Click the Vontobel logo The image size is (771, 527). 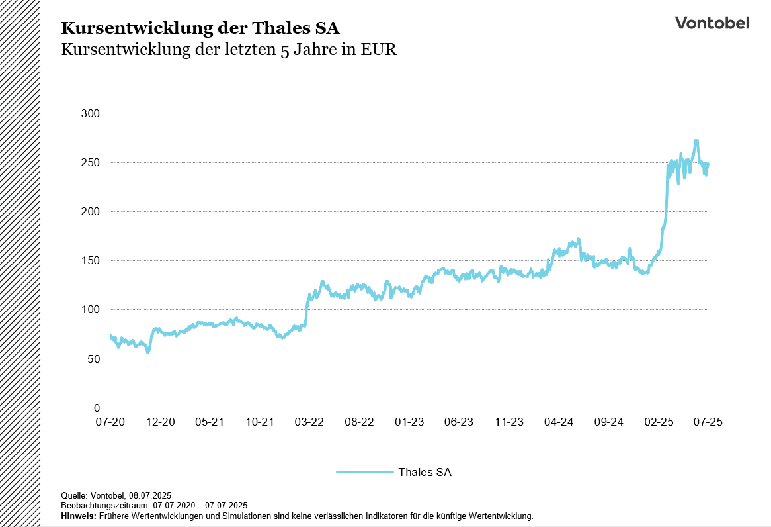[x=711, y=23]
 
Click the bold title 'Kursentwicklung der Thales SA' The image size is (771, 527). [x=200, y=28]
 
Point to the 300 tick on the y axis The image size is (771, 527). [x=91, y=113]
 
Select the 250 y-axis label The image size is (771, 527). [x=91, y=162]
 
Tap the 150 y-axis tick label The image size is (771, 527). [x=91, y=261]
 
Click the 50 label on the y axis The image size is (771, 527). [x=93, y=359]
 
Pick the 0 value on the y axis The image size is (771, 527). [x=97, y=408]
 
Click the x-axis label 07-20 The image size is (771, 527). [x=110, y=422]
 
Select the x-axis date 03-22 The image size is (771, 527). [x=309, y=422]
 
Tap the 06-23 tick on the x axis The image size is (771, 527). [x=458, y=422]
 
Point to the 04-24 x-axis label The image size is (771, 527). [x=558, y=422]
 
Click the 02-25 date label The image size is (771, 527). [x=658, y=422]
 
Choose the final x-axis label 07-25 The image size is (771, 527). [x=708, y=422]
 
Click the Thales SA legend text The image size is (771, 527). [x=425, y=472]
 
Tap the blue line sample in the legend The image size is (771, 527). [x=364, y=472]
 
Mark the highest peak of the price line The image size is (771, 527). [x=696, y=141]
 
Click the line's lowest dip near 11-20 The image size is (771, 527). [x=148, y=352]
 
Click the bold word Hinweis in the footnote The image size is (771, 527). [x=78, y=516]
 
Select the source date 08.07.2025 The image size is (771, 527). [x=150, y=495]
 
